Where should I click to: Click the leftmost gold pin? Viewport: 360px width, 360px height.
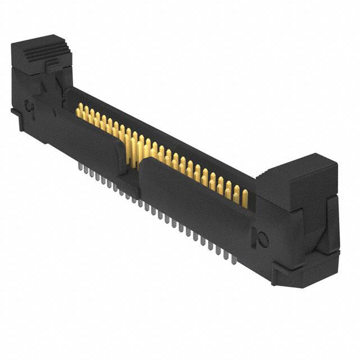click(x=79, y=108)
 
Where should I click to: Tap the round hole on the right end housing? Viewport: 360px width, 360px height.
click(x=262, y=238)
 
